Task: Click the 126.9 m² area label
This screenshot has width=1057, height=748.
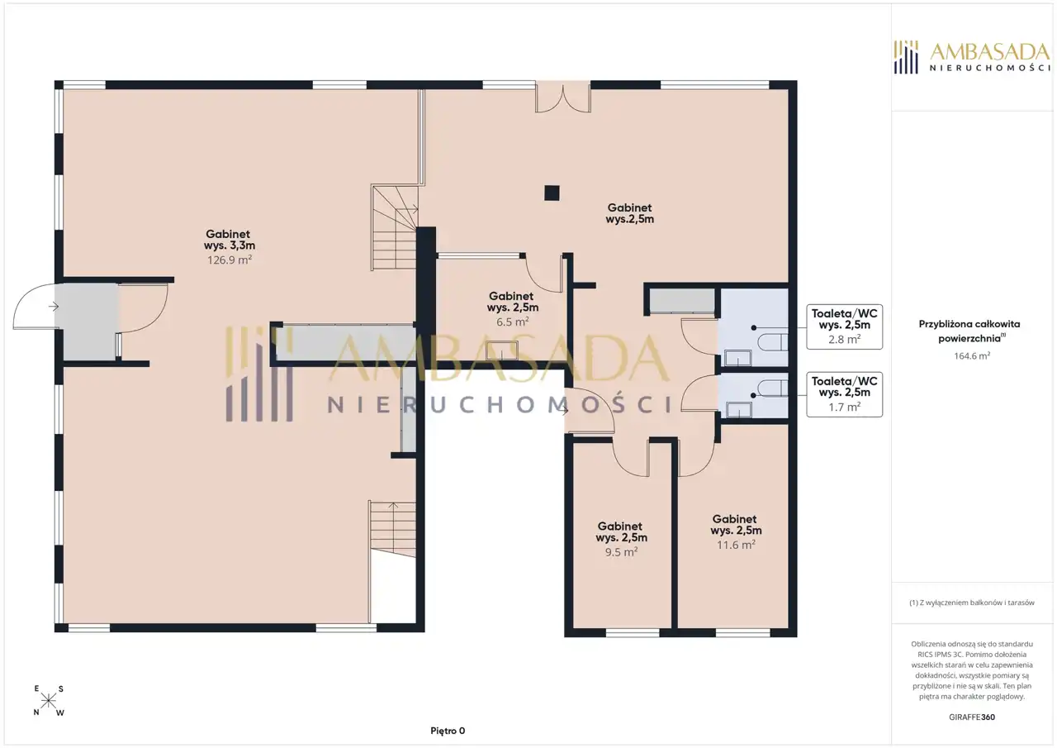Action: click(230, 260)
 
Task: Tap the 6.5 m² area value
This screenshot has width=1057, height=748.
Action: click(513, 322)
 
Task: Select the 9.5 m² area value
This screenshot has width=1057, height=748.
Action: click(622, 552)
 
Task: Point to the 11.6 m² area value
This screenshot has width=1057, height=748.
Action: click(736, 545)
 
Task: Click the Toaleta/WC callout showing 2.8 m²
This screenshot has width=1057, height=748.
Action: click(844, 326)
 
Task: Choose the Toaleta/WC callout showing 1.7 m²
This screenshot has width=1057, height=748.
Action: click(844, 394)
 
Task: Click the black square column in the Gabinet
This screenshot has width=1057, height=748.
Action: click(552, 193)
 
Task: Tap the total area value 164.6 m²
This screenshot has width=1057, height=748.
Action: click(972, 356)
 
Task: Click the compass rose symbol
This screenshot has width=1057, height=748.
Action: click(48, 701)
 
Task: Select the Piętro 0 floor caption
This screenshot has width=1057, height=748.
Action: click(448, 731)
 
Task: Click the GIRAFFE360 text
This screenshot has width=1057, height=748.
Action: click(972, 717)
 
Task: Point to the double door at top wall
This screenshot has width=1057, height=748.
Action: click(563, 98)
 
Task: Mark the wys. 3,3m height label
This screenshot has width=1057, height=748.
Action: click(230, 245)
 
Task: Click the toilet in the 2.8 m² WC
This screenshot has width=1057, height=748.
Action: click(772, 342)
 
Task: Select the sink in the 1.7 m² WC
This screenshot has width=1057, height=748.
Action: click(738, 410)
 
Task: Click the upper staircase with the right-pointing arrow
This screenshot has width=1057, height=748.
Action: click(396, 227)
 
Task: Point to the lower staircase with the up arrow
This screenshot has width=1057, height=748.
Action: click(392, 529)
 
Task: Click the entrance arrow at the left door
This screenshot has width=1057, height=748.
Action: click(54, 307)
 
